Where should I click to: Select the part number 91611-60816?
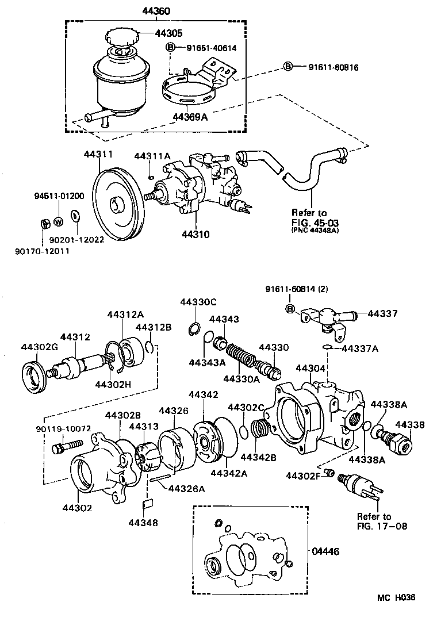[x=328, y=67]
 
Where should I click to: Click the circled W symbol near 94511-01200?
[x=58, y=222]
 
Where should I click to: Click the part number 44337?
[x=382, y=313]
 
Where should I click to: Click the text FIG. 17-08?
[x=373, y=526]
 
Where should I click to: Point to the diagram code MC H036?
[x=395, y=598]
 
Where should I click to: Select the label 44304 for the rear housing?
[x=310, y=368]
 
